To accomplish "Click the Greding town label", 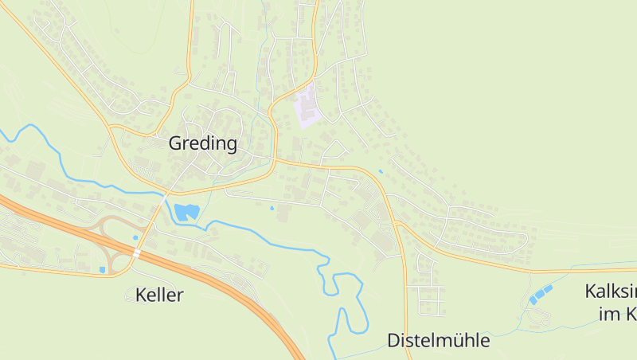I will point(203,143).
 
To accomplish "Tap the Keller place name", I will point(159,295).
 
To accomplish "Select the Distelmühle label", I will point(439,340).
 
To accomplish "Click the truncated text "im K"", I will point(617,314).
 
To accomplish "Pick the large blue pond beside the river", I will point(186,212).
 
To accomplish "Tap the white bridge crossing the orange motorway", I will point(137,253).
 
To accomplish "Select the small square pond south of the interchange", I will point(102,270).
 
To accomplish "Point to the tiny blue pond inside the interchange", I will point(135,237).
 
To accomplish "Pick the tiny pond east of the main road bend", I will point(381,171).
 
